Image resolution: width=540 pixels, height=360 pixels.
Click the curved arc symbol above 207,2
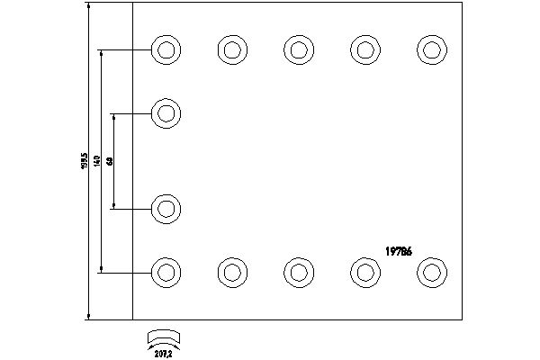click(165, 337)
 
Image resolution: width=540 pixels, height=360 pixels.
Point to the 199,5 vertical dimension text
click(82, 163)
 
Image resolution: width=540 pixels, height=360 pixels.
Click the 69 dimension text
click(109, 161)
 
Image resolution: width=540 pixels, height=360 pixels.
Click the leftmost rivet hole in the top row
click(166, 49)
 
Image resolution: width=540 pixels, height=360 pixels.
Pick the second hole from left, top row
click(231, 49)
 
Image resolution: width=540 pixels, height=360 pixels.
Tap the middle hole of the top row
click(298, 49)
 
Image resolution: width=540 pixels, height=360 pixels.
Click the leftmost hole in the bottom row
click(166, 271)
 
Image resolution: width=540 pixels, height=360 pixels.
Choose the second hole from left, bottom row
click(231, 271)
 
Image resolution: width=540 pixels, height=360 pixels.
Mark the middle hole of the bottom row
click(298, 271)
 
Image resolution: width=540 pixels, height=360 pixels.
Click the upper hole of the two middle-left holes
click(166, 114)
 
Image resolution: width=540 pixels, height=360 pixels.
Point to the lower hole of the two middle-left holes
click(166, 209)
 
